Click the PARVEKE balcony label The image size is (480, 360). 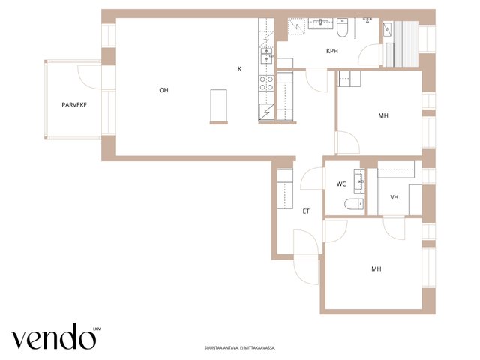pos(74,105)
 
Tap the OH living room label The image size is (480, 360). pos(163,90)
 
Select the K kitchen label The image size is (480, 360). pos(239,69)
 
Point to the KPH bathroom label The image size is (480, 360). pos(332,51)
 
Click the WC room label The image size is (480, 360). pos(341,184)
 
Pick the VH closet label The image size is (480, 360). pos(394,197)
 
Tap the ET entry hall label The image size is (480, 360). pos(306,211)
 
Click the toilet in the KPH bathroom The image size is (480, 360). pos(342,28)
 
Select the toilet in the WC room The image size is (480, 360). pos(354,204)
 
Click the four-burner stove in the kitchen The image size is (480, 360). pos(266,83)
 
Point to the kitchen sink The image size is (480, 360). pos(266,56)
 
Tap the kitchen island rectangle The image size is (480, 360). pos(218,106)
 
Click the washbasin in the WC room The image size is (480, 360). pos(359,181)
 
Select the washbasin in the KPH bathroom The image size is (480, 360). pos(320,23)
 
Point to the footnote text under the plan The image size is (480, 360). pos(240,348)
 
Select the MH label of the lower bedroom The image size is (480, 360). pos(376,269)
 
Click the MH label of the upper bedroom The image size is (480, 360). pos(383,115)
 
